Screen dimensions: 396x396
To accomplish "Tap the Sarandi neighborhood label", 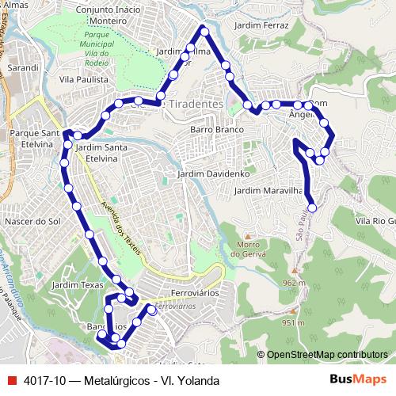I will (22, 68).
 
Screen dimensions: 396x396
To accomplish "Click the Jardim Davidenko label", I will (214, 173).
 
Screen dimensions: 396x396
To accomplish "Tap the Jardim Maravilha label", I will (269, 191).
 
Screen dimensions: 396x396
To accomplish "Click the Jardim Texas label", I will (77, 284).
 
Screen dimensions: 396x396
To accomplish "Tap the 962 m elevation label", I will (292, 283).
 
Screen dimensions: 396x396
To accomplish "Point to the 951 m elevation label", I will (292, 322).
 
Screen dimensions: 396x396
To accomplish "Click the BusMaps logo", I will (357, 380).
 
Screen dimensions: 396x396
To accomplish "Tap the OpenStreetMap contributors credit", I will (326, 355).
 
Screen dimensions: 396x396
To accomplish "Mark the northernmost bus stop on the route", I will (204, 31).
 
